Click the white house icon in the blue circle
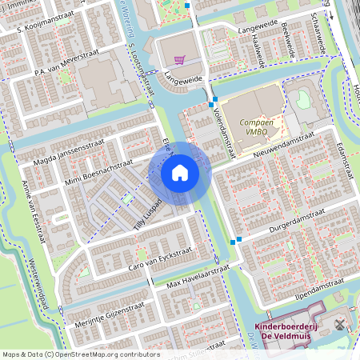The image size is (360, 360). [180, 173]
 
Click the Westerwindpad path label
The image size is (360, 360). [38, 282]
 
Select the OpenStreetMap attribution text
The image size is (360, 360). [80, 354]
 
